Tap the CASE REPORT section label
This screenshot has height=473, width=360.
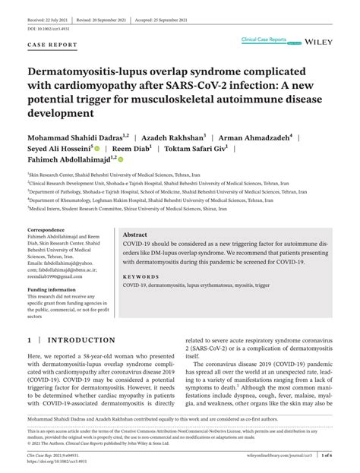[x=52, y=45]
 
